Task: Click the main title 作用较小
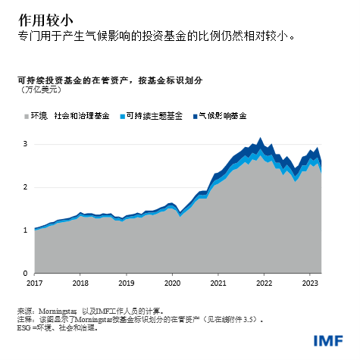[x=37, y=17]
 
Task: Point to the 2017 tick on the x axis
[x=35, y=283]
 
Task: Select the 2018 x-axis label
[x=80, y=283]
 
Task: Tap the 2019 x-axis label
[x=127, y=283]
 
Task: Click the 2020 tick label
[x=173, y=283]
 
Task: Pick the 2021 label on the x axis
[x=219, y=283]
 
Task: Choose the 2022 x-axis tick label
[x=265, y=283]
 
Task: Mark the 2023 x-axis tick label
[x=311, y=283]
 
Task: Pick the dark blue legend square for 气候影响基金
[x=193, y=116]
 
